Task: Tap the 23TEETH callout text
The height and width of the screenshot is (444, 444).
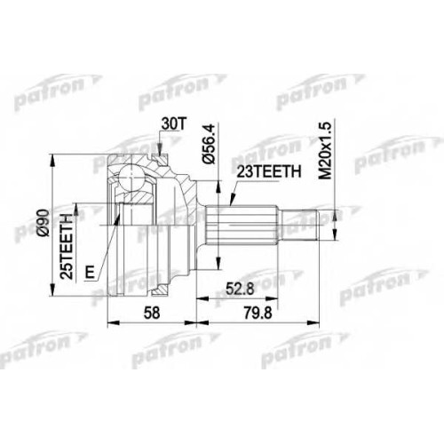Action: coord(269,171)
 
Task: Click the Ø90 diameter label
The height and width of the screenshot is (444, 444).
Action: coord(44,222)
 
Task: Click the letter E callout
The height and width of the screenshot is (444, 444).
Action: coord(90,273)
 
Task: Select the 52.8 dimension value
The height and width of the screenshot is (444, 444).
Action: coord(240,289)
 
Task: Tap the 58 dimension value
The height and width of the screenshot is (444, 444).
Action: coord(152,313)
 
